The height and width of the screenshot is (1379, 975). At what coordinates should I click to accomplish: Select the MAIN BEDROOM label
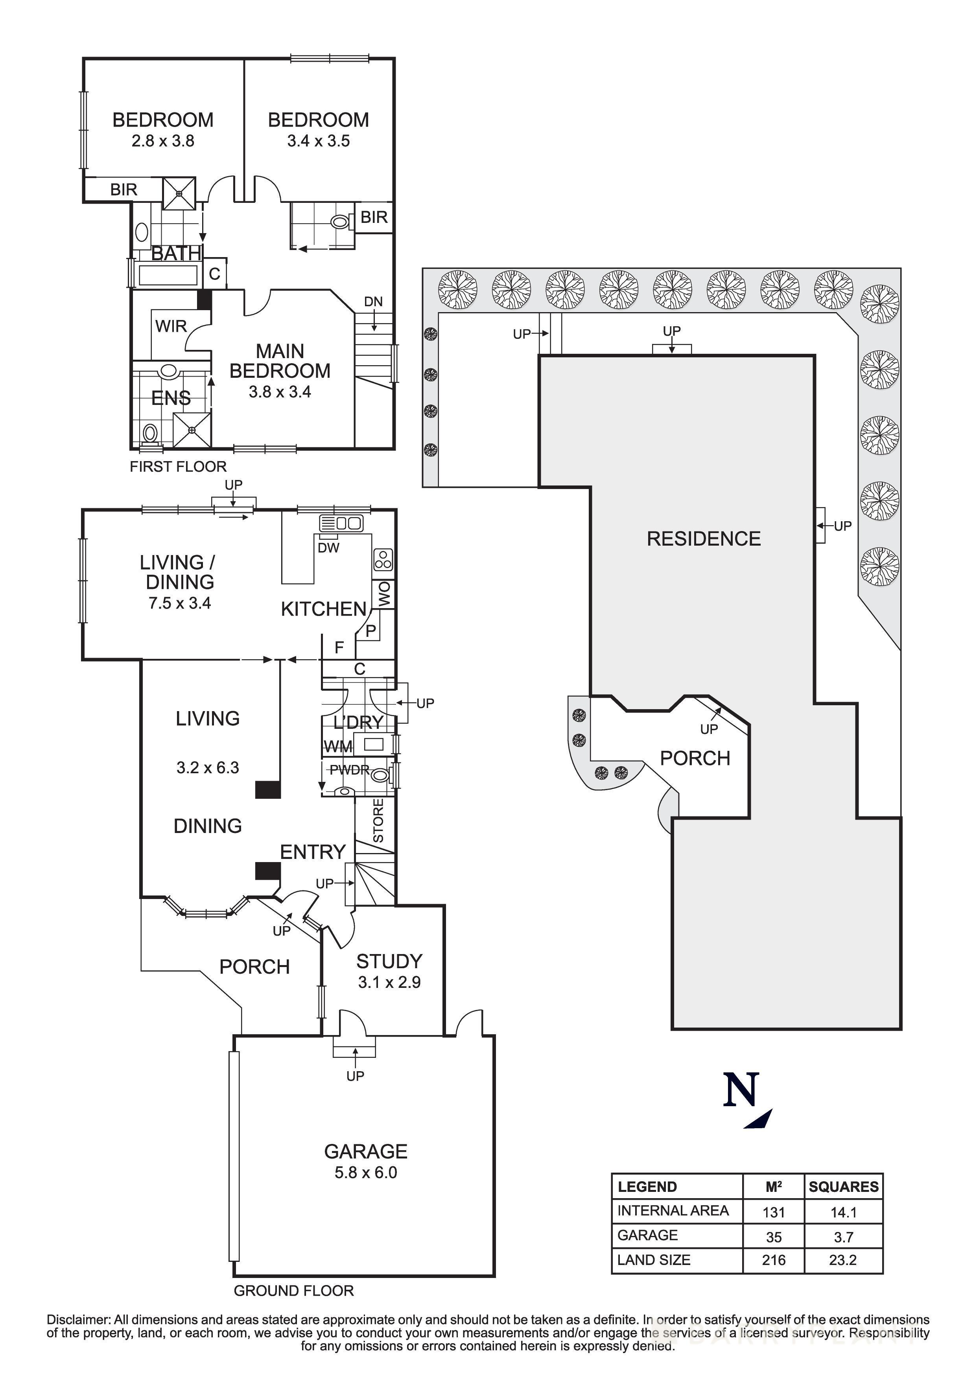[280, 361]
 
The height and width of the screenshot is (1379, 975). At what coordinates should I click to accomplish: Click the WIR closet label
[171, 326]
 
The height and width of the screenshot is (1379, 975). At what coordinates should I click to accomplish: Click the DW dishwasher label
[328, 547]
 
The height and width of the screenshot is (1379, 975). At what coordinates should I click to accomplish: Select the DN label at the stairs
[373, 302]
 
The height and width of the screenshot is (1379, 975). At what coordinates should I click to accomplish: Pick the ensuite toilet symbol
[150, 432]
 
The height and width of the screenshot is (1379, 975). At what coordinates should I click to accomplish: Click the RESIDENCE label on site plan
[704, 539]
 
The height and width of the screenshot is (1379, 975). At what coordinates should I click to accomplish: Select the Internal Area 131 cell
[773, 1212]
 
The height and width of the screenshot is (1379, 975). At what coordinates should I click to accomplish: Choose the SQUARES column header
[843, 1187]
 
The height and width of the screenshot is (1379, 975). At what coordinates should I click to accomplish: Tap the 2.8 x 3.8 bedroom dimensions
[163, 141]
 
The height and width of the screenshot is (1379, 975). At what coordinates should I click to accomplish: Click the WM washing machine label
[337, 746]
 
